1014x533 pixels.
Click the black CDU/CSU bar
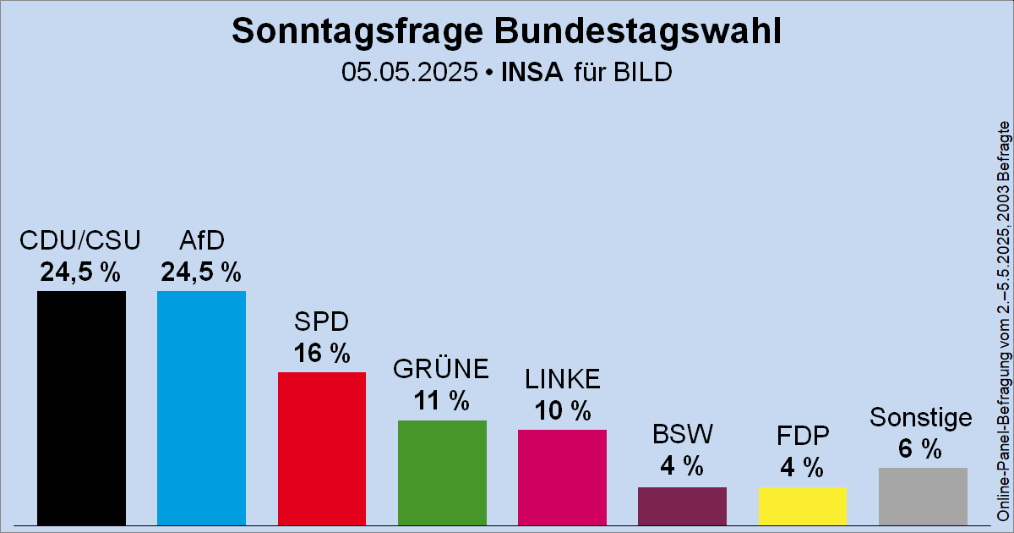(81, 408)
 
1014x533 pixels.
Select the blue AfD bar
(201, 408)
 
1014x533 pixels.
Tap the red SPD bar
(322, 448)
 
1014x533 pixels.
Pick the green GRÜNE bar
(442, 472)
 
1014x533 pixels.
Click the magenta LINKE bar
(562, 477)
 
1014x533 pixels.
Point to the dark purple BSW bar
(682, 506)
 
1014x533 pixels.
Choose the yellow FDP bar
(802, 506)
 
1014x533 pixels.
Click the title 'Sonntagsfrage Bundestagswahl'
(506, 31)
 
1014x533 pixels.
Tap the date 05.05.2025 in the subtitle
(409, 72)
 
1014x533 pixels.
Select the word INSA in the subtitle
(532, 72)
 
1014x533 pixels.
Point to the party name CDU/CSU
(80, 242)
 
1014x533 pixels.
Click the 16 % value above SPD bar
(322, 353)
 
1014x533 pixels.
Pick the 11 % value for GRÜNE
(442, 401)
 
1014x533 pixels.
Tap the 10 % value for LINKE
(562, 410)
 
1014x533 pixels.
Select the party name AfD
(201, 242)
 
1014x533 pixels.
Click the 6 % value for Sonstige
(921, 449)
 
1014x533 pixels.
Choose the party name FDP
(802, 436)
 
